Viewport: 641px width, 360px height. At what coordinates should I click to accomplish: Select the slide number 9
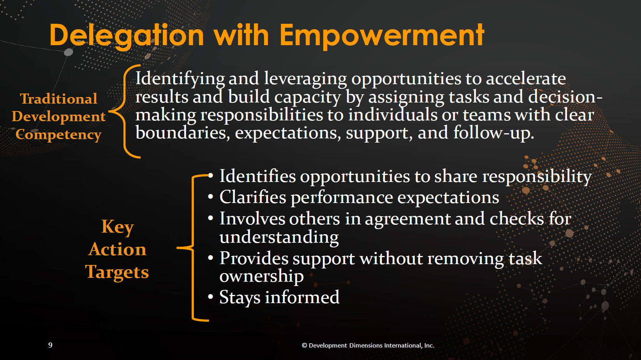[50, 345]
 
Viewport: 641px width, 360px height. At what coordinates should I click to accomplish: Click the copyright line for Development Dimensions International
[368, 346]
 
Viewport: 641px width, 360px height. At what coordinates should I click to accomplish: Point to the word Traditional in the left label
[59, 99]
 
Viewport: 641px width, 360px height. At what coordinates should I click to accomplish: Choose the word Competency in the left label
[58, 134]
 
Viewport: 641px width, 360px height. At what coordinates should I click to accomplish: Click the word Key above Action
[118, 227]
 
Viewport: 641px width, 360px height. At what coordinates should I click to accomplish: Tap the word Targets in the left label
[117, 272]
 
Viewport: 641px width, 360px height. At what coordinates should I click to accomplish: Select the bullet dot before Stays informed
[211, 297]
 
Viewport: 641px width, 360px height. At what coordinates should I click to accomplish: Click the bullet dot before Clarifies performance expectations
[211, 197]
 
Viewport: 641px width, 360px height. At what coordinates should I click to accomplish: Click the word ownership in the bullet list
[262, 276]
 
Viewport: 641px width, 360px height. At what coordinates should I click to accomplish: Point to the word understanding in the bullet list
[279, 237]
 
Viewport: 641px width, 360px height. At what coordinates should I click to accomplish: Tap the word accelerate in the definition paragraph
[526, 78]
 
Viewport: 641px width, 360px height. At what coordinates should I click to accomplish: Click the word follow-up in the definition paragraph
[494, 133]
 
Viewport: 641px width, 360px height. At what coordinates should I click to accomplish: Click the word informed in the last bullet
[302, 297]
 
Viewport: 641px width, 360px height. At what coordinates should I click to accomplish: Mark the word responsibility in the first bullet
[537, 177]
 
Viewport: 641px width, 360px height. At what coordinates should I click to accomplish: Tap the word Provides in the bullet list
[254, 258]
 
